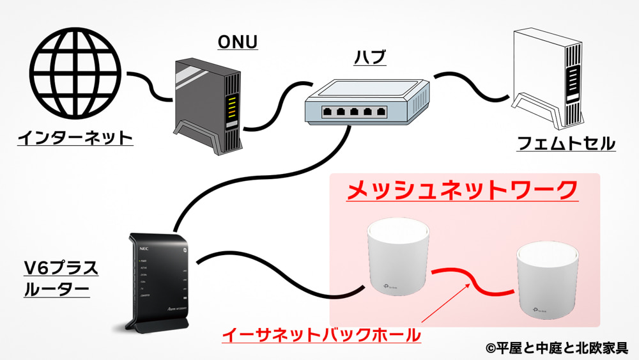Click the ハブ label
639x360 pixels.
(369, 59)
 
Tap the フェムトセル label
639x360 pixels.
(566, 143)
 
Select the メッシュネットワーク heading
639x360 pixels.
(462, 190)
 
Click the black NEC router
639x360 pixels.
(157, 281)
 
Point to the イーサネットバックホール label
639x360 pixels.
(321, 334)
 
